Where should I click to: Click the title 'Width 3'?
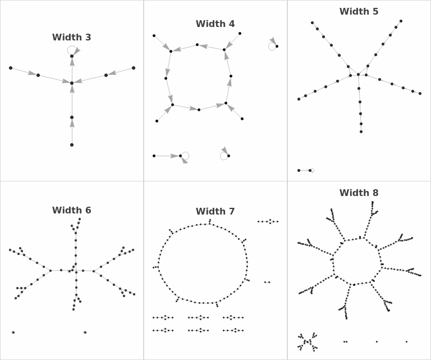(72, 38)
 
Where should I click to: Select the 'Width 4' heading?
(215, 24)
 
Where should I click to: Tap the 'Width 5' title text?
(359, 12)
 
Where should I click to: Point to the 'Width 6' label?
(72, 211)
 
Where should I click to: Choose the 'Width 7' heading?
(215, 212)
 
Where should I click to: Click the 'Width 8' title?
(359, 193)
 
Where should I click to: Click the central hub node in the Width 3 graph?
(72, 83)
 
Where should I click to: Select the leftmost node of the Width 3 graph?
(11, 68)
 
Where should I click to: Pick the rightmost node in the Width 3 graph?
(134, 68)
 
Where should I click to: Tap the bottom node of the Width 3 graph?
(72, 145)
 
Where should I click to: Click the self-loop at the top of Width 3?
(71, 49)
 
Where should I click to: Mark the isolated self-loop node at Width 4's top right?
(277, 46)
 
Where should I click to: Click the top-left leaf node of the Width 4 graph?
(154, 36)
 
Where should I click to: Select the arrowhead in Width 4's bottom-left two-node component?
(175, 156)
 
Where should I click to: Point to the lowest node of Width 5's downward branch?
(361, 131)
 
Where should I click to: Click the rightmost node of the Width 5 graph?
(420, 93)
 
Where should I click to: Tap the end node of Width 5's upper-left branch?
(313, 23)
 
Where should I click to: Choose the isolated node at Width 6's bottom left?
(13, 332)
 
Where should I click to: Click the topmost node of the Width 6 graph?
(80, 219)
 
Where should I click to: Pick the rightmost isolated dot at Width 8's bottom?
(406, 341)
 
